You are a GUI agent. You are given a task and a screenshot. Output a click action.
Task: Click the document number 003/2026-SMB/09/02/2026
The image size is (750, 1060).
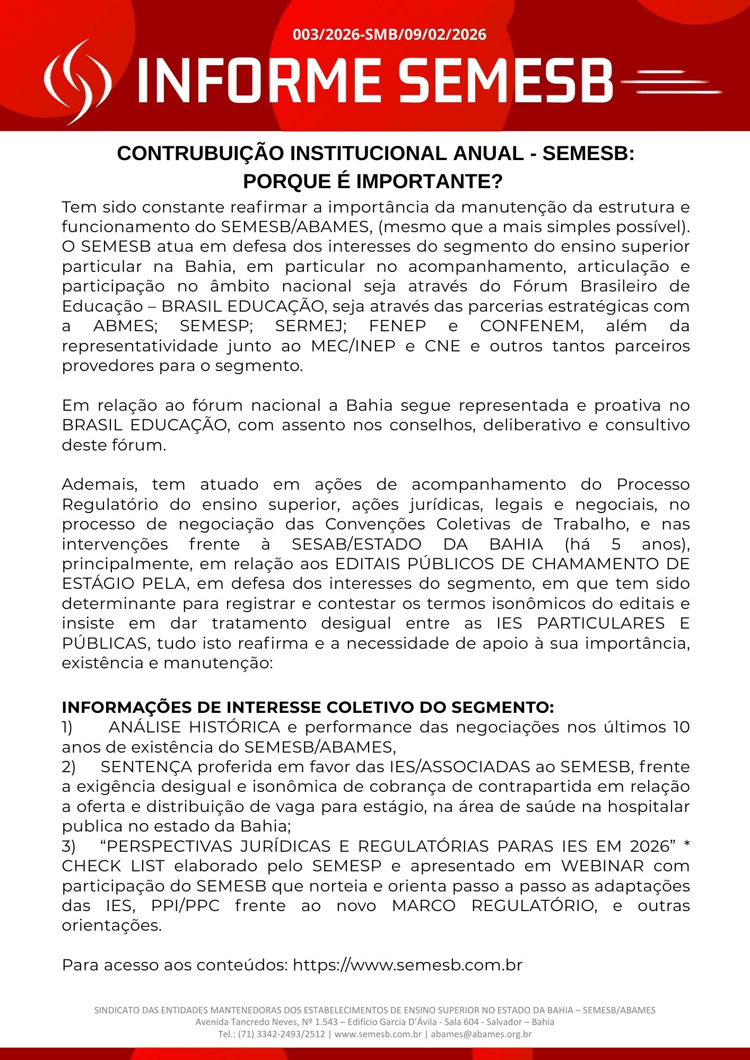coord(389,35)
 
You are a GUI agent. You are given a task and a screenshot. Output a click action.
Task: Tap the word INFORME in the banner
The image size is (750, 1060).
coord(260,81)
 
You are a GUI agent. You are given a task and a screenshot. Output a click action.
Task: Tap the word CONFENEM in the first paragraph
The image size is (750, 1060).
coord(531,326)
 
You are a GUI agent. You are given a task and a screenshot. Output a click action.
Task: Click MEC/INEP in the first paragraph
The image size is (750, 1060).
coord(353,346)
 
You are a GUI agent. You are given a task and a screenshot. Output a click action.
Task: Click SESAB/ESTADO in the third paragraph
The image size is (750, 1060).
coord(356,544)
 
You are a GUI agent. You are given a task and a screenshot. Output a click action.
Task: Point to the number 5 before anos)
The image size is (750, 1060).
coord(616,544)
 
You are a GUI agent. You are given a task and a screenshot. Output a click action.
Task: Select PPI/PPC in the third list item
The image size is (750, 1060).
coord(185,906)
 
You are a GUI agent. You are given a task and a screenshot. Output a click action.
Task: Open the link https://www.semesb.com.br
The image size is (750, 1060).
coord(407,965)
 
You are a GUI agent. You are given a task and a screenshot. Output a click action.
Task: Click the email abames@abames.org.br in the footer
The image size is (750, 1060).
coord(481,1034)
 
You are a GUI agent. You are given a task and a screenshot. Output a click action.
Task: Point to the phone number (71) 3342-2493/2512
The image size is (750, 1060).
coord(281,1034)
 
